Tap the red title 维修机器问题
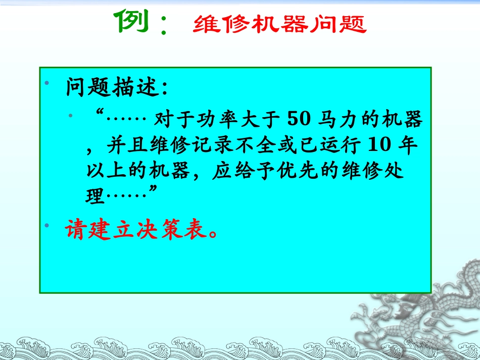279,24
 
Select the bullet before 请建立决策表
46,224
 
